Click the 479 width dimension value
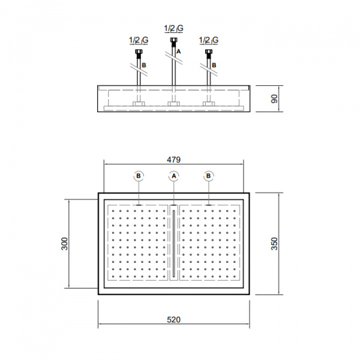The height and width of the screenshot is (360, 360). coord(173,160)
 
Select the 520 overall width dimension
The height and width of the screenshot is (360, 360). coord(173,320)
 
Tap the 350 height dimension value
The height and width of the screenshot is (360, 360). coord(274,244)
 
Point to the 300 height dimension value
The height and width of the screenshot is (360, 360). coord(65,244)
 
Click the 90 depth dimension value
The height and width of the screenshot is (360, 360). coord(274,98)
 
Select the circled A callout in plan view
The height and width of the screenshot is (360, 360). coord(174,176)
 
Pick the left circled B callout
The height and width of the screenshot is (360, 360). coord(139,176)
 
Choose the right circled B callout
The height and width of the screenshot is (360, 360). coord(208,176)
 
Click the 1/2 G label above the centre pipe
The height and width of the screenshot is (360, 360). coord(173,28)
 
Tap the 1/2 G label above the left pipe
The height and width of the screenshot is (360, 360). coord(139,40)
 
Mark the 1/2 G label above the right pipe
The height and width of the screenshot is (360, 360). coord(208,40)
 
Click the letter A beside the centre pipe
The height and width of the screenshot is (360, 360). coord(178,52)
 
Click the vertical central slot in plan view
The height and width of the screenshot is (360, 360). coord(173,244)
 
